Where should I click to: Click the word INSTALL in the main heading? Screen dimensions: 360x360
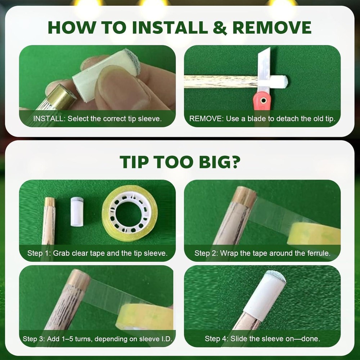(170, 28)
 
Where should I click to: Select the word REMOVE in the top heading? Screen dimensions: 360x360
(272, 28)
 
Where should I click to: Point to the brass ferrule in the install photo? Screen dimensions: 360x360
(61, 96)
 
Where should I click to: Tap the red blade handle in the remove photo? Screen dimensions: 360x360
(262, 101)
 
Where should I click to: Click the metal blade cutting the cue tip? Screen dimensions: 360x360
(264, 69)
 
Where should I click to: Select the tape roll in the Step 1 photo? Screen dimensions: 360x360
(130, 213)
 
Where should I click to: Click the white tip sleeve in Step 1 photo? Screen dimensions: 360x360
(77, 211)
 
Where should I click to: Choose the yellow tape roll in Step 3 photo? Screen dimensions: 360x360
(144, 317)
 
